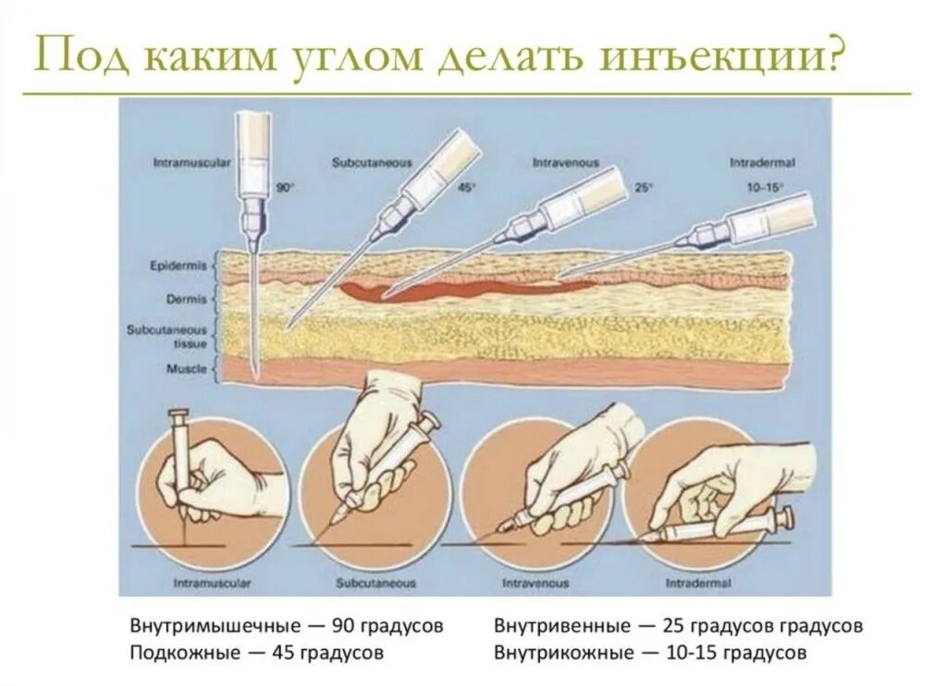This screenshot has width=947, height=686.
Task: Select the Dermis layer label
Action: (185, 299)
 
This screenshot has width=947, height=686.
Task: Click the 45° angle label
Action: (467, 187)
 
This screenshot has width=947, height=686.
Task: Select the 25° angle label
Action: (643, 187)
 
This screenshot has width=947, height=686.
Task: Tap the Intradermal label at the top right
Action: (763, 163)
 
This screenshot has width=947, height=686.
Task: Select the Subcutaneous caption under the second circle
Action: (375, 584)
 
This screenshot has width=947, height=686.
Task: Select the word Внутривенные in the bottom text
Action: (555, 625)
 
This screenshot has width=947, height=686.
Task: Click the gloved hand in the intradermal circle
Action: (731, 477)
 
